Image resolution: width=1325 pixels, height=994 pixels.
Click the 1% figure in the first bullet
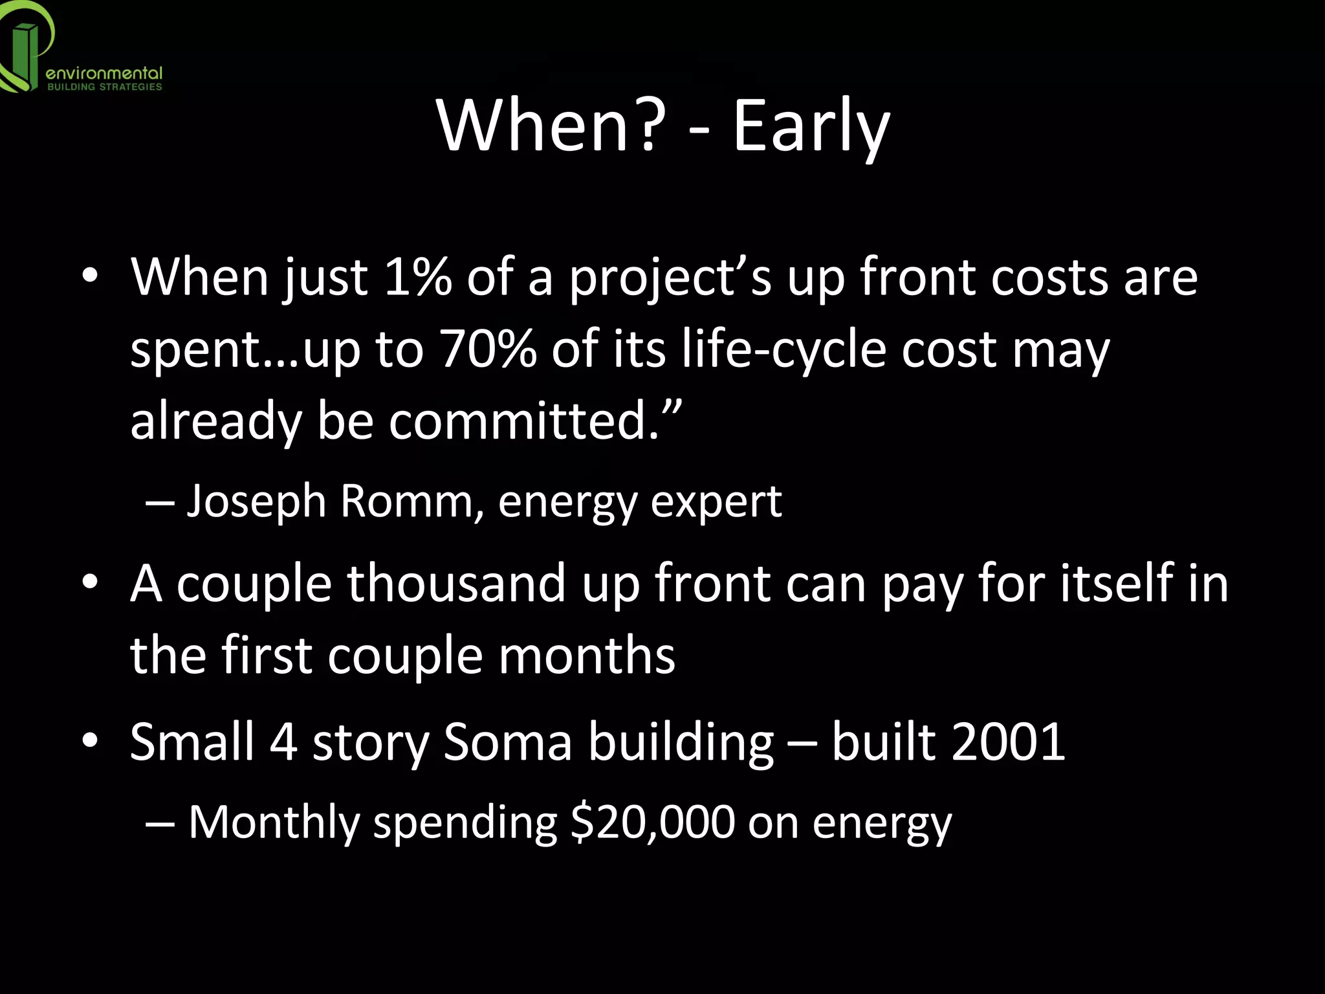click(417, 277)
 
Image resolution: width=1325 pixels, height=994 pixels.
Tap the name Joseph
click(256, 501)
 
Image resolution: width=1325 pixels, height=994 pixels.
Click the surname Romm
click(407, 501)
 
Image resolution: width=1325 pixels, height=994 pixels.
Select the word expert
click(716, 502)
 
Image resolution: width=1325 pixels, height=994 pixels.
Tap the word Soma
click(508, 742)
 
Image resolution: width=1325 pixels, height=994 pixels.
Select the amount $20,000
click(653, 822)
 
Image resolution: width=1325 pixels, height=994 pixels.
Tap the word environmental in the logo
click(104, 74)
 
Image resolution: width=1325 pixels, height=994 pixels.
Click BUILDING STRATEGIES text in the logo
click(104, 87)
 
